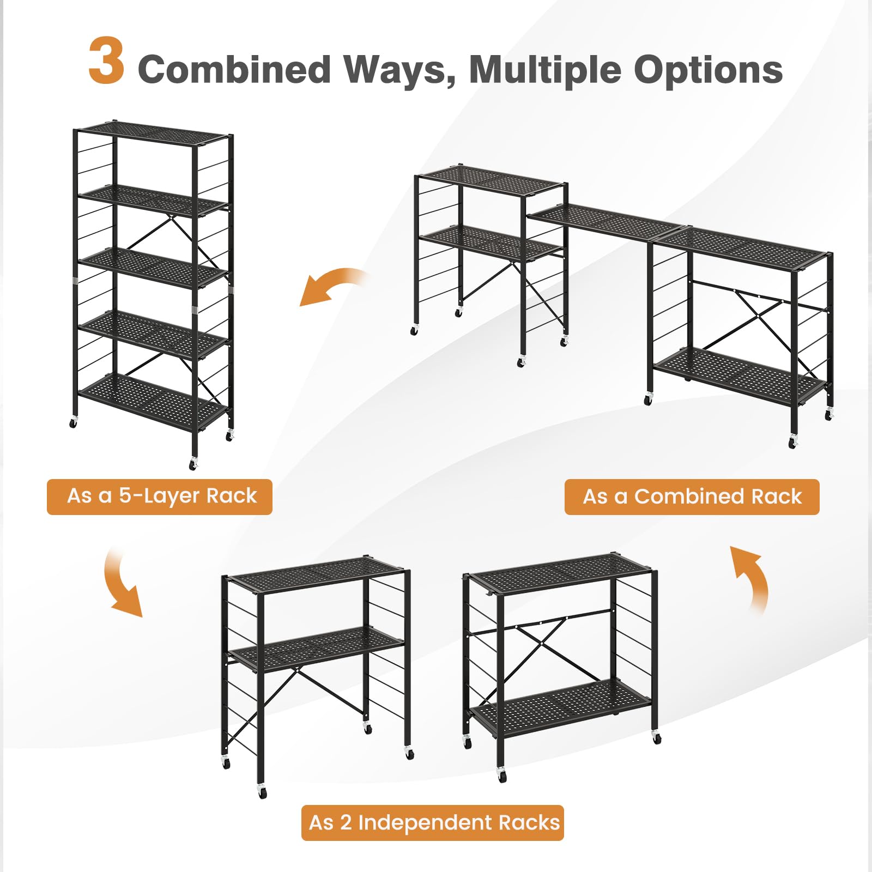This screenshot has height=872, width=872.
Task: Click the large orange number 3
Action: (x=107, y=61)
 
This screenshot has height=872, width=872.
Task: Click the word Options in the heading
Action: (x=708, y=71)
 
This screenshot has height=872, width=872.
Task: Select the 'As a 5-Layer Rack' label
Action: (x=160, y=496)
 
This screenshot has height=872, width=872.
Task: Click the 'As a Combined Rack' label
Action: (x=692, y=497)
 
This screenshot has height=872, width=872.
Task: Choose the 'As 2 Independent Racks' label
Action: (x=433, y=822)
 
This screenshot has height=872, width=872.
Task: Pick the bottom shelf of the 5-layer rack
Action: (x=153, y=402)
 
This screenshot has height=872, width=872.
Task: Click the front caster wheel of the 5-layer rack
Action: (x=193, y=464)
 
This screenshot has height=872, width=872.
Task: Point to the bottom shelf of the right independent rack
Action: (x=561, y=707)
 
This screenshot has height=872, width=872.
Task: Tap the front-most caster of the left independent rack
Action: (x=262, y=792)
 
